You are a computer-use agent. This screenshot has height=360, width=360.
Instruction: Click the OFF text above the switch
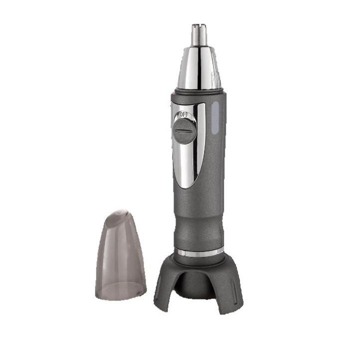pos(183,114)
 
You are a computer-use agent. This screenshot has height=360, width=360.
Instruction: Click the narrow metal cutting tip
pos(199,34)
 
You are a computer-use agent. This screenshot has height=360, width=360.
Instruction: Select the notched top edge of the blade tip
pos(199,25)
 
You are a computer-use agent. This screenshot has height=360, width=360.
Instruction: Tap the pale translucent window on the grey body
pos(215,118)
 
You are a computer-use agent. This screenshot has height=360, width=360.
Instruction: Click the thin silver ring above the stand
pos(198,252)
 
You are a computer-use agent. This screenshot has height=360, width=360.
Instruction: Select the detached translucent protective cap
pos(120,255)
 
